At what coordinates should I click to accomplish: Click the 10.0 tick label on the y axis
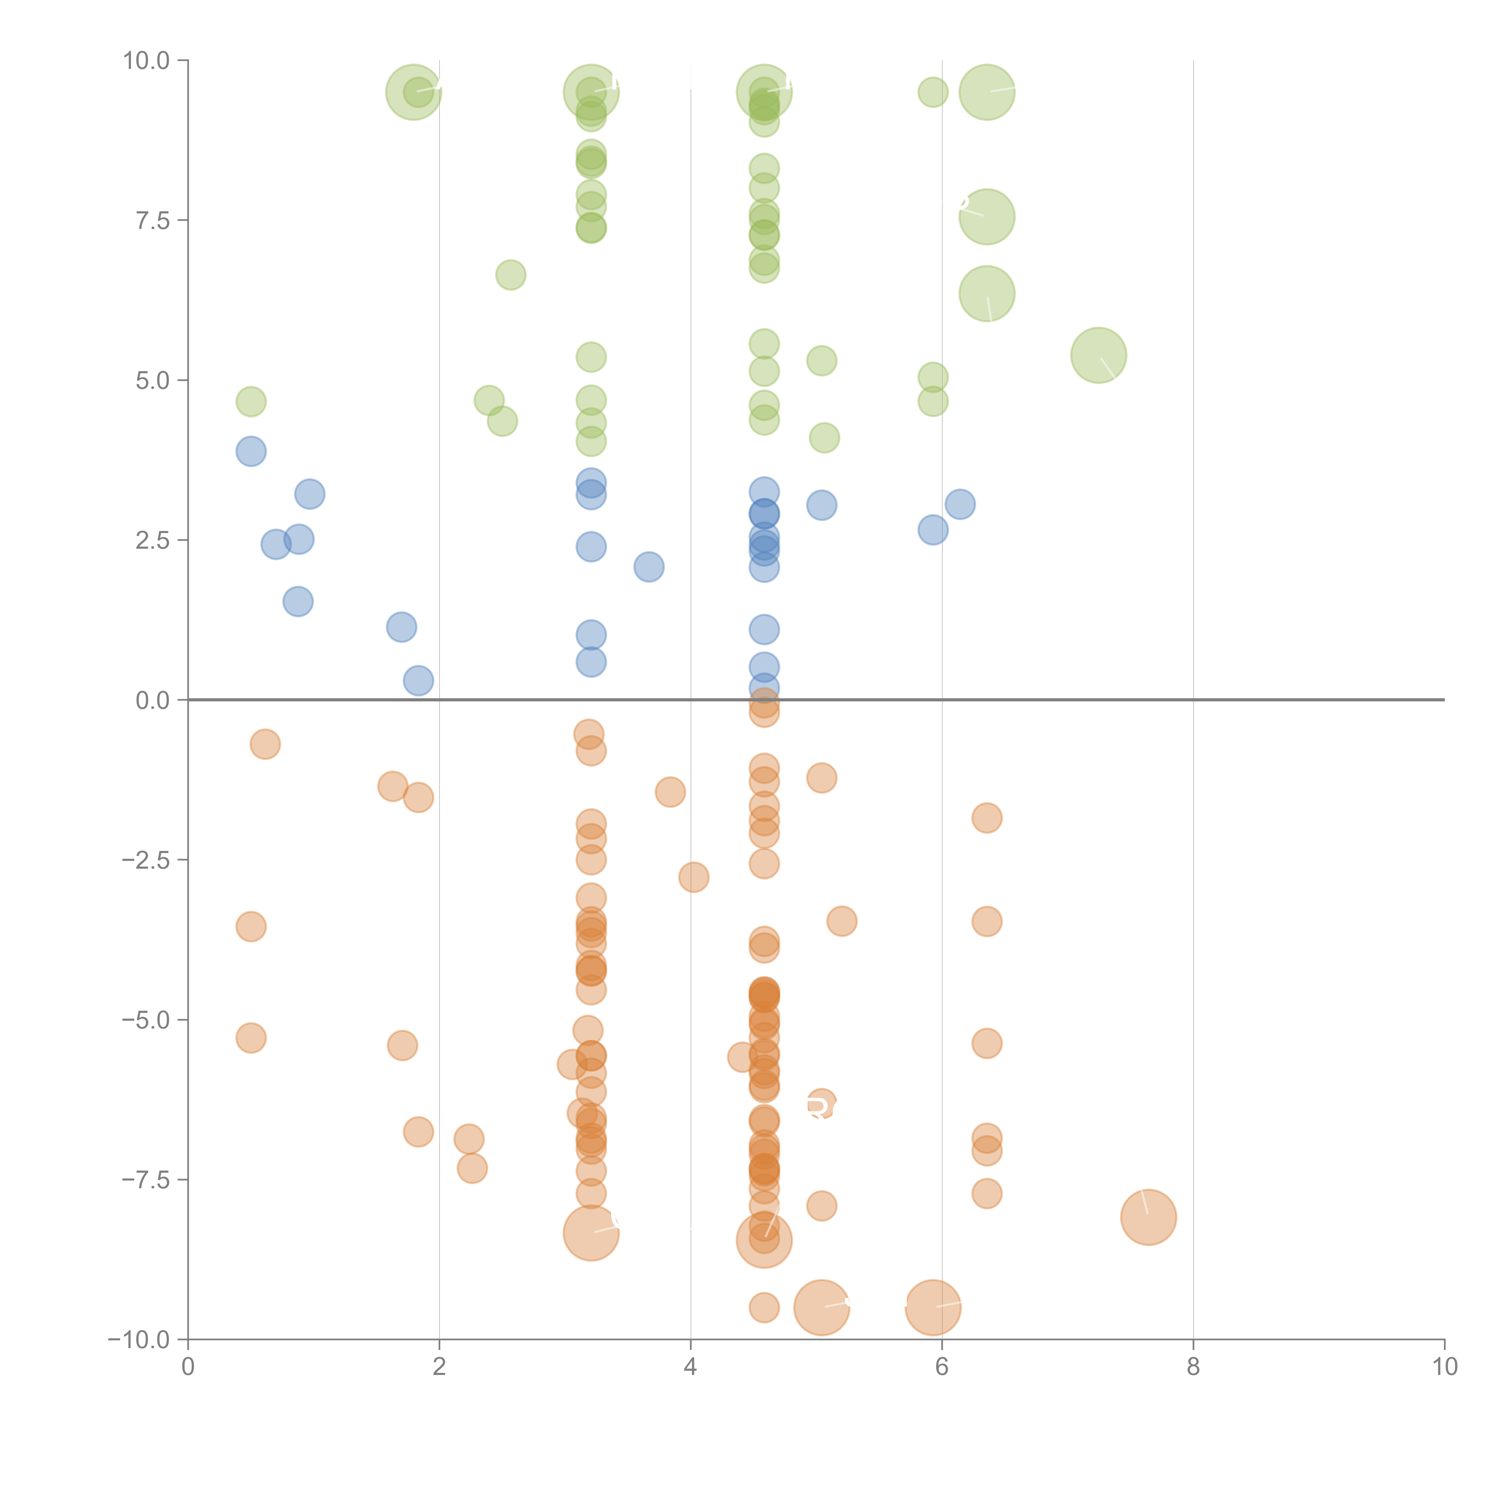click(147, 61)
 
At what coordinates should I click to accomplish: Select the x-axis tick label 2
click(439, 1367)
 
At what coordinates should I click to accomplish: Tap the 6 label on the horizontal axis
click(942, 1367)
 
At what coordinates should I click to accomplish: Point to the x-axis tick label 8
click(1193, 1367)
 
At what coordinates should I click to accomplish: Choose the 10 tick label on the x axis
click(1444, 1367)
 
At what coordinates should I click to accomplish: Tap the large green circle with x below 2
click(414, 93)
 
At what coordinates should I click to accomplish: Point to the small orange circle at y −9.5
click(764, 1308)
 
